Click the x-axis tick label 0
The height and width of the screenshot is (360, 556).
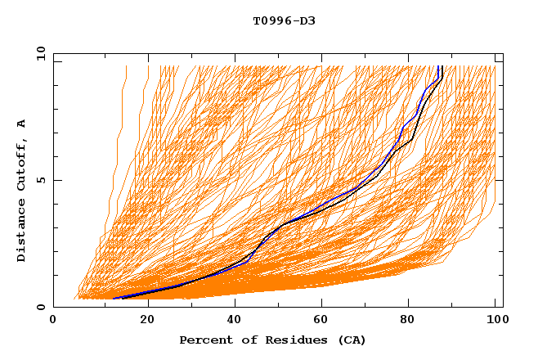click(x=53, y=321)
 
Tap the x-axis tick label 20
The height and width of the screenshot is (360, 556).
click(x=148, y=321)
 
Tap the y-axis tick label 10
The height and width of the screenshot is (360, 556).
click(x=39, y=53)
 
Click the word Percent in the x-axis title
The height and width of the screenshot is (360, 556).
click(x=204, y=340)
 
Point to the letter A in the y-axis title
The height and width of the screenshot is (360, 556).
click(x=21, y=123)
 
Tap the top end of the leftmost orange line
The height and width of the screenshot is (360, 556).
click(x=127, y=66)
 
